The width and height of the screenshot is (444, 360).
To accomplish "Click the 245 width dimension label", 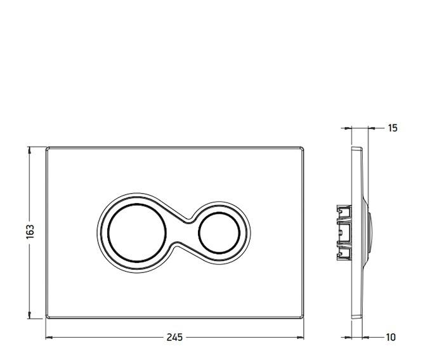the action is click(x=174, y=337).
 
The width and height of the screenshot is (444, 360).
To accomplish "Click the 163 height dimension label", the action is click(x=30, y=232).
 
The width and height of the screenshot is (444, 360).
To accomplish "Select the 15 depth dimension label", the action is click(x=393, y=128).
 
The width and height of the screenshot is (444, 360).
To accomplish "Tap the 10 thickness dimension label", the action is click(x=391, y=337).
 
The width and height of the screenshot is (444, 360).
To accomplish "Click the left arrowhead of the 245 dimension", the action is click(x=49, y=337).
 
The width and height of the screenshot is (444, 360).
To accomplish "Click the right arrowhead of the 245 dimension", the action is click(x=301, y=337).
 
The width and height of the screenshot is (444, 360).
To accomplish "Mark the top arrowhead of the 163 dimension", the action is click(x=29, y=150).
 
